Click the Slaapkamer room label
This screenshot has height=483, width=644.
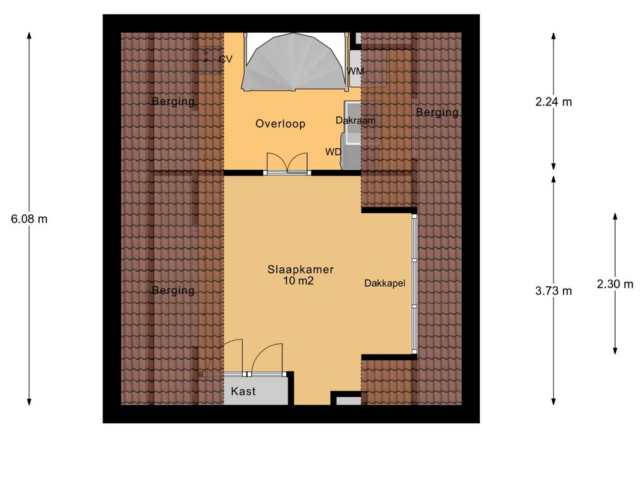point(300,269)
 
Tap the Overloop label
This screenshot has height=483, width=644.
point(280,124)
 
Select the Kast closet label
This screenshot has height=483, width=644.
point(243,391)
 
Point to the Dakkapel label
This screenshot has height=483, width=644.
point(384,284)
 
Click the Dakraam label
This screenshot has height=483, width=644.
point(355,120)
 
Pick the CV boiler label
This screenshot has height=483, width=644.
point(225,59)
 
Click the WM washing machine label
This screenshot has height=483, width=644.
point(356,71)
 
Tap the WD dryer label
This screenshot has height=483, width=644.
point(333,152)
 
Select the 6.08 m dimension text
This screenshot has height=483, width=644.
point(30,219)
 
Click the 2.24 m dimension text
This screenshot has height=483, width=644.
point(553,102)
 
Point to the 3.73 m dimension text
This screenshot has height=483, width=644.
point(553,290)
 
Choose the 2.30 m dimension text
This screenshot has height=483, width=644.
point(615,284)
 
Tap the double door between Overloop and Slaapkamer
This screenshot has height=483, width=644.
point(286,164)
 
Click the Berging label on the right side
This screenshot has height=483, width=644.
point(437,113)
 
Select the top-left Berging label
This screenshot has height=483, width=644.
point(173,102)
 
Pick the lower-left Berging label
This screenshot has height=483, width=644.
point(173,290)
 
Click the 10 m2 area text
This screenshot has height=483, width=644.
point(298,281)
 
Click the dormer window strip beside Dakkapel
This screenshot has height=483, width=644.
point(414,282)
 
